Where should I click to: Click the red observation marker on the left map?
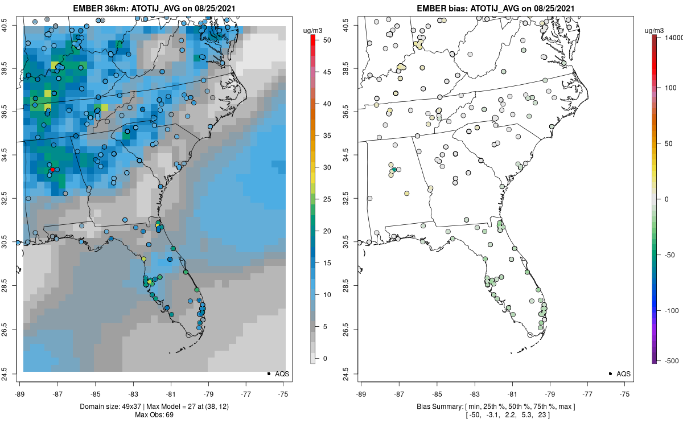click(x=52, y=170)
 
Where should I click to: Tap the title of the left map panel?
click(x=151, y=9)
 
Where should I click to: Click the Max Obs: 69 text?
click(x=151, y=414)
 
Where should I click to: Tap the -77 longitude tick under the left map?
click(x=246, y=393)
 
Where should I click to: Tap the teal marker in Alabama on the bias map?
click(x=394, y=170)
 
